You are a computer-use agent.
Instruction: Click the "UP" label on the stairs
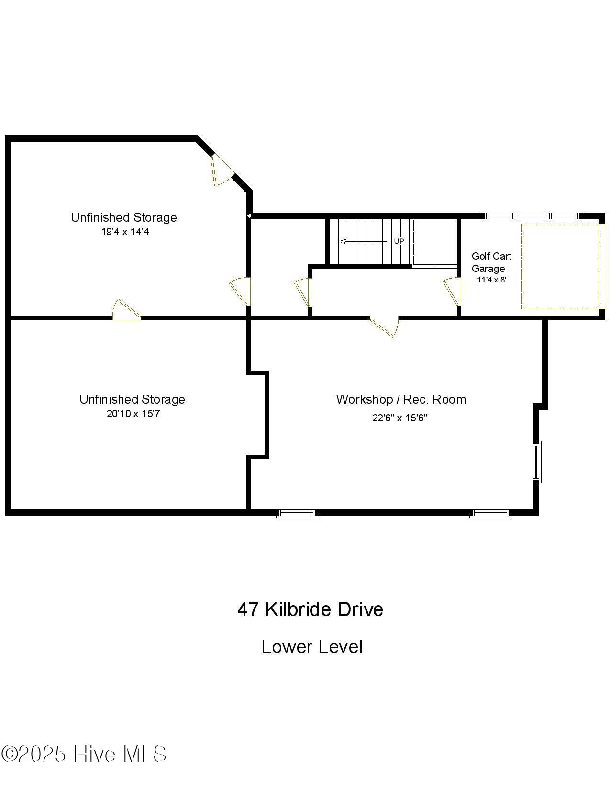(x=399, y=241)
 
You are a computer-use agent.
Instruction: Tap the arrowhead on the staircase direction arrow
(x=342, y=242)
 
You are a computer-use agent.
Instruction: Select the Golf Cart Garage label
(x=491, y=262)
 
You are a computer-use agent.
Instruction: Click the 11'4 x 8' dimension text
(x=491, y=280)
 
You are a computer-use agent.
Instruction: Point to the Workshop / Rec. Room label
(x=400, y=399)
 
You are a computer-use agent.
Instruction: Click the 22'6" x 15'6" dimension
(x=399, y=418)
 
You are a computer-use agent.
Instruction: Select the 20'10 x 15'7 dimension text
(x=133, y=414)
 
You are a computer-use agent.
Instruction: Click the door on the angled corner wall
(x=221, y=169)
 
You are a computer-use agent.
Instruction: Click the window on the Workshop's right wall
(x=538, y=461)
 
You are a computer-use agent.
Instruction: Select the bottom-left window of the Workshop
(x=297, y=513)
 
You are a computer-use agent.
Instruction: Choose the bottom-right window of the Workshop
(x=490, y=513)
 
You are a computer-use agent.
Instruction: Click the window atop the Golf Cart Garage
(x=532, y=215)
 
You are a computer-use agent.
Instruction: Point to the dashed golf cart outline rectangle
(x=560, y=266)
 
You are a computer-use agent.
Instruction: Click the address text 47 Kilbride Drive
(x=310, y=609)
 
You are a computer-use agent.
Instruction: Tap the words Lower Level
(x=312, y=647)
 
